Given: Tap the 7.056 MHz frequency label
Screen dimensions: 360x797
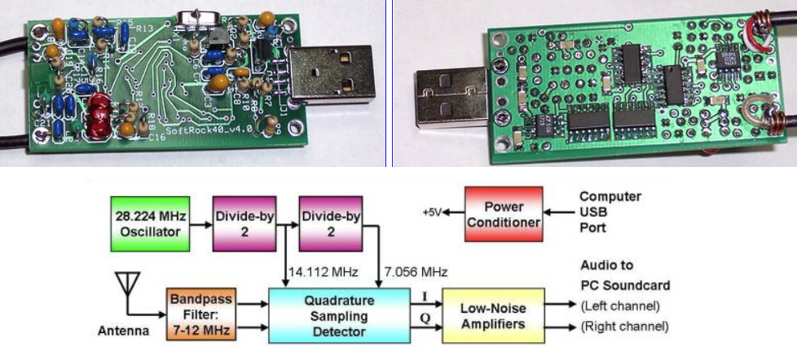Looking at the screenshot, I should click(405, 270).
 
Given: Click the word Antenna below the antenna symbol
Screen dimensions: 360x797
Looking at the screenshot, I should click(122, 331).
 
